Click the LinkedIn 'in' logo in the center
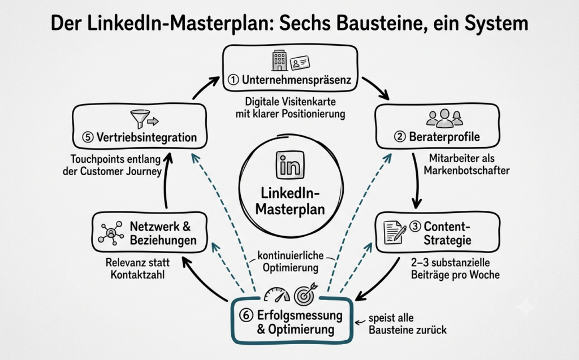(290, 165)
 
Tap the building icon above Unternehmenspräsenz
(279, 60)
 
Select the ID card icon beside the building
(300, 63)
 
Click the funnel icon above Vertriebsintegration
(140, 119)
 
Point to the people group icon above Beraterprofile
(444, 118)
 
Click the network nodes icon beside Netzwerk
(111, 233)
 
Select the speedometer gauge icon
(277, 294)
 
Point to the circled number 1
(233, 79)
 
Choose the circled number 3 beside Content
(415, 226)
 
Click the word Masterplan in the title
(221, 24)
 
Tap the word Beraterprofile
(444, 137)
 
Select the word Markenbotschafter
(466, 170)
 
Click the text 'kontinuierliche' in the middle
(290, 255)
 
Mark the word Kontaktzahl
(137, 275)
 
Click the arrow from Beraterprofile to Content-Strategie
(417, 180)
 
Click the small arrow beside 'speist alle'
(360, 322)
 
